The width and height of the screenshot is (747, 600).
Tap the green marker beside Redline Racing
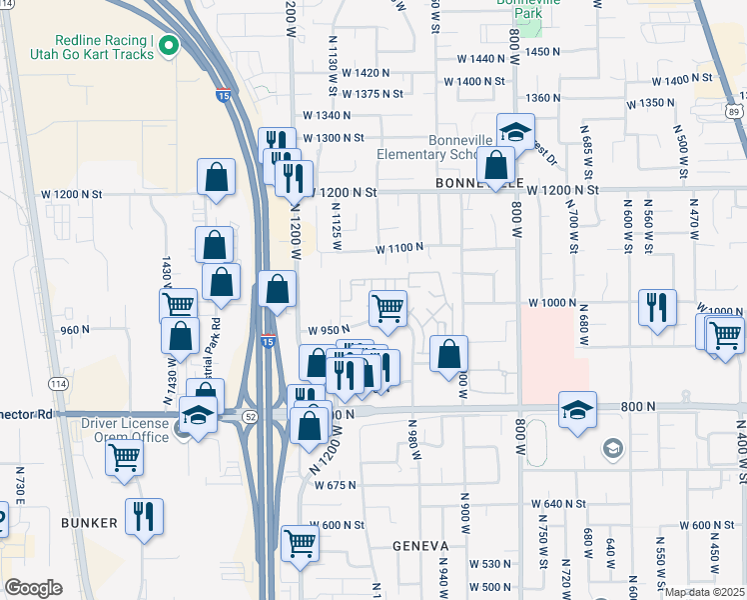point(169,44)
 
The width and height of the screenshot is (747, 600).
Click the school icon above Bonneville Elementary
point(515,131)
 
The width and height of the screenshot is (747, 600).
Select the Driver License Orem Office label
point(125,430)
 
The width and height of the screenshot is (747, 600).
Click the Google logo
point(33,588)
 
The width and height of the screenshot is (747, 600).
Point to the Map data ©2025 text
point(705,592)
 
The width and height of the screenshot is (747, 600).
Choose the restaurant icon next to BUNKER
point(144,516)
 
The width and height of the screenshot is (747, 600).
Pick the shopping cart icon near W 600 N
point(300,544)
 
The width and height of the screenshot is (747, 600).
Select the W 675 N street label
point(336,486)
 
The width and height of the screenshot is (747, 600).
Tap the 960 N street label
point(75,329)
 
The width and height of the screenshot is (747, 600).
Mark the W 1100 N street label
point(399,247)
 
